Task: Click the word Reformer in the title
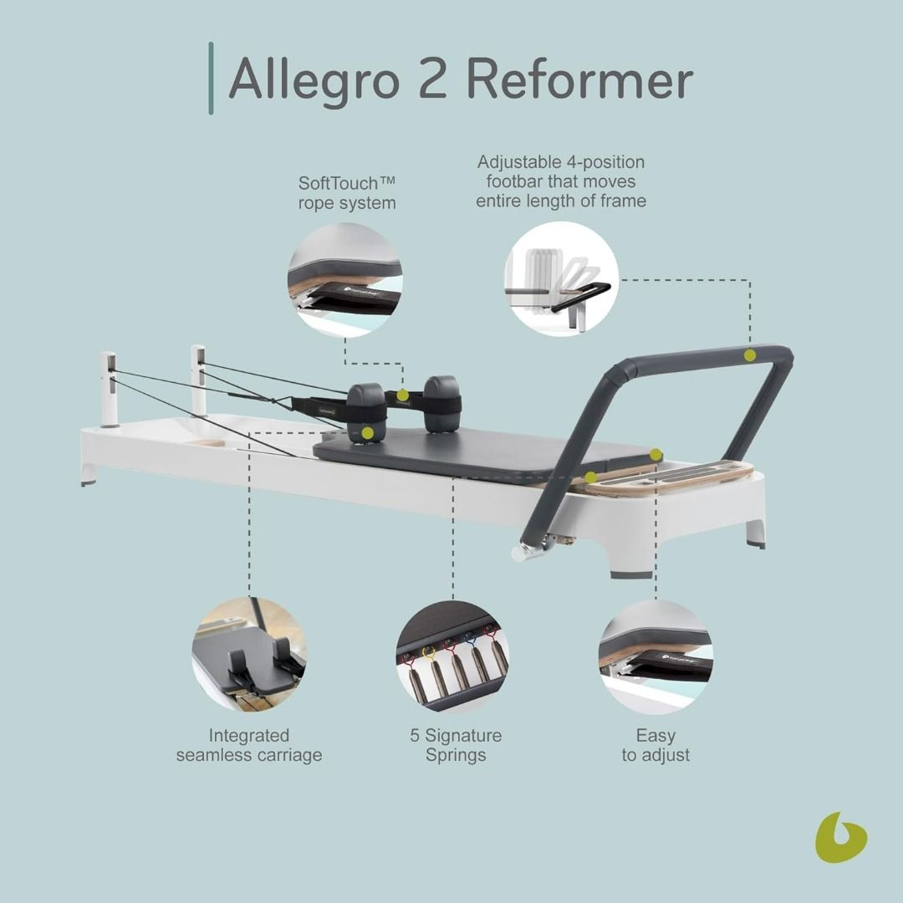coord(580,79)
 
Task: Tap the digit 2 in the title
coord(433,78)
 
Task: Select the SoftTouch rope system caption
coord(347,193)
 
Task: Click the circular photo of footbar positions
coord(562,279)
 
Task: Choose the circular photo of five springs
coord(452,657)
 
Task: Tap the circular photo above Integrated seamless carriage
coord(249,654)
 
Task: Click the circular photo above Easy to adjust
coord(656,657)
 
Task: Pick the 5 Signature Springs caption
coord(456,745)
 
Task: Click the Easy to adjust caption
coord(656,745)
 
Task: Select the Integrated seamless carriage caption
coord(249,745)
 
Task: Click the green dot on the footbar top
coord(749,355)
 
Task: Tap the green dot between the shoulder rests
coord(403,395)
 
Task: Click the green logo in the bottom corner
coord(841,837)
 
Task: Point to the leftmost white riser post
coord(110,390)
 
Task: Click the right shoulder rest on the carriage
coord(441,404)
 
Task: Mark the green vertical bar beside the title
coord(211,79)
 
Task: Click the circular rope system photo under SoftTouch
coord(345,280)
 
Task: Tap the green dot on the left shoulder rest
coord(368,433)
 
